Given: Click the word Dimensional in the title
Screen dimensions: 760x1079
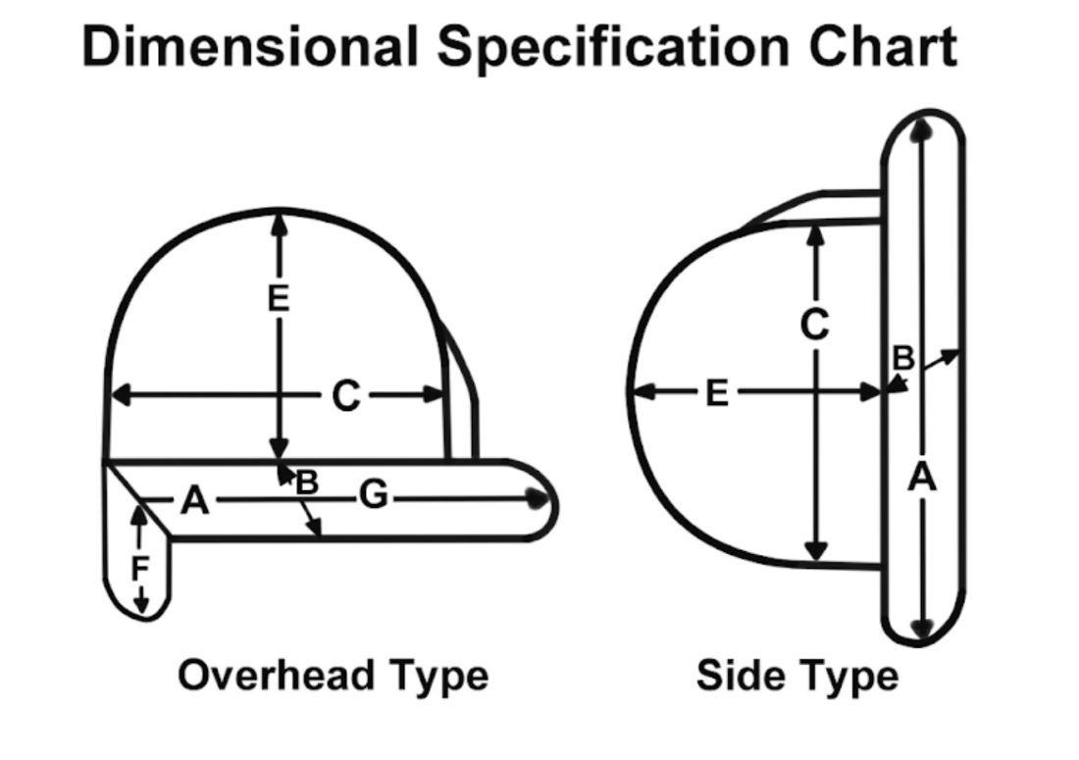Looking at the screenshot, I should pyautogui.click(x=250, y=46).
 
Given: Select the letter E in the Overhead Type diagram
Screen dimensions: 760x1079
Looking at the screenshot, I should pyautogui.click(x=280, y=299).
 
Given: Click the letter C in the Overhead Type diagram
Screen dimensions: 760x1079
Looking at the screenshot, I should pyautogui.click(x=345, y=396).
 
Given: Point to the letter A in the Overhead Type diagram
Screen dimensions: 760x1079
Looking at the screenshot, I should pyautogui.click(x=195, y=502).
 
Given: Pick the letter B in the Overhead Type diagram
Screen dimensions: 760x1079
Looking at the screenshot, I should pyautogui.click(x=307, y=482).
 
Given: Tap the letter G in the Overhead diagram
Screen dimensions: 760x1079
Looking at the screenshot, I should pyautogui.click(x=373, y=497).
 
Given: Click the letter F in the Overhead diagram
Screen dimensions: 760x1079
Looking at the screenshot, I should pyautogui.click(x=141, y=569).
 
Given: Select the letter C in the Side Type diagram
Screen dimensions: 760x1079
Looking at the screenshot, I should pyautogui.click(x=814, y=325).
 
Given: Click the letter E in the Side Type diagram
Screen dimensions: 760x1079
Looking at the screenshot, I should pyautogui.click(x=717, y=394).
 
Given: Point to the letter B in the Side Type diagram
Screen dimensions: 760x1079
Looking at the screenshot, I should pyautogui.click(x=902, y=359).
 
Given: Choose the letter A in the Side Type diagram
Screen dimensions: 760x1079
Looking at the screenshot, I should pyautogui.click(x=922, y=479).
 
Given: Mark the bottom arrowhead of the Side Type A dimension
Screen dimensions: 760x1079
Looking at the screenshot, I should pyautogui.click(x=922, y=629).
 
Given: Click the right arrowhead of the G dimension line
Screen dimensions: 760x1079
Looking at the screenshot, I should pyautogui.click(x=537, y=498).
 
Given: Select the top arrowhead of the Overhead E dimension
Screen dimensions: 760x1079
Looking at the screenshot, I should pyautogui.click(x=281, y=221).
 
